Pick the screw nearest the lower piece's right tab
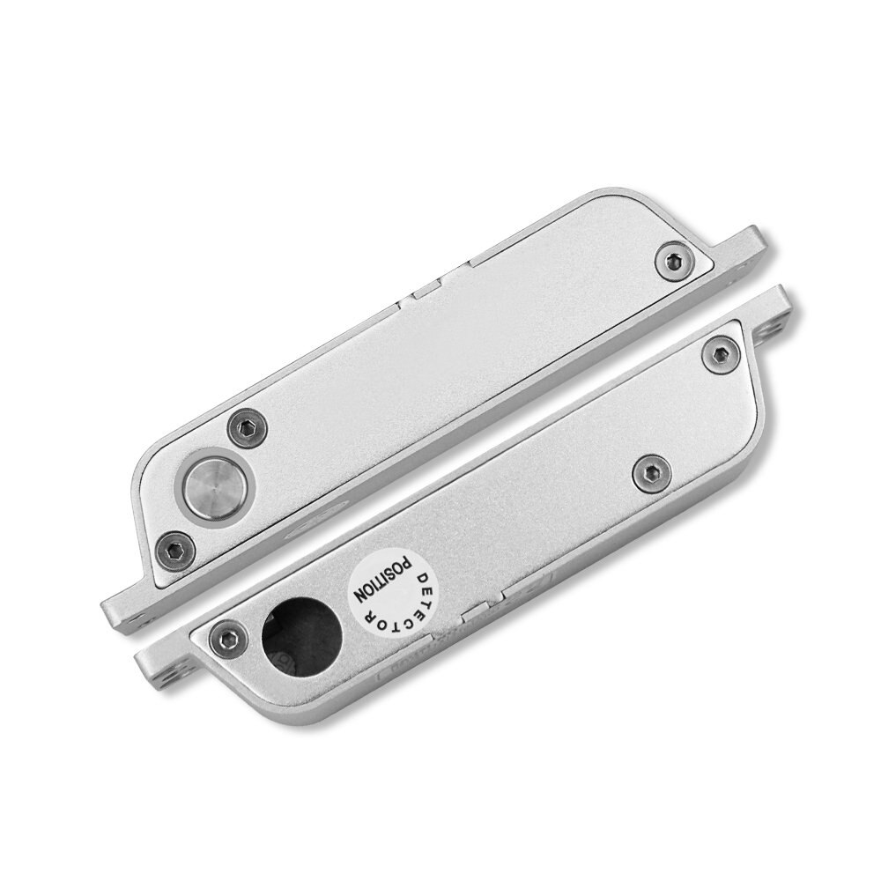tap(716, 353)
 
